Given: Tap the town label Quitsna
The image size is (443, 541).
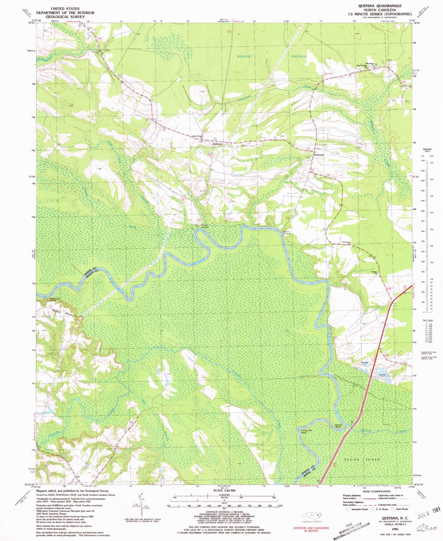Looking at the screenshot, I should [217, 144].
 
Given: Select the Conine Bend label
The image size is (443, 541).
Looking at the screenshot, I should [338, 426].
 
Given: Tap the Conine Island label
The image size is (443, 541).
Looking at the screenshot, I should [362, 460].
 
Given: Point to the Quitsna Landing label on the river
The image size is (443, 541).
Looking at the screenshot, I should [287, 232].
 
